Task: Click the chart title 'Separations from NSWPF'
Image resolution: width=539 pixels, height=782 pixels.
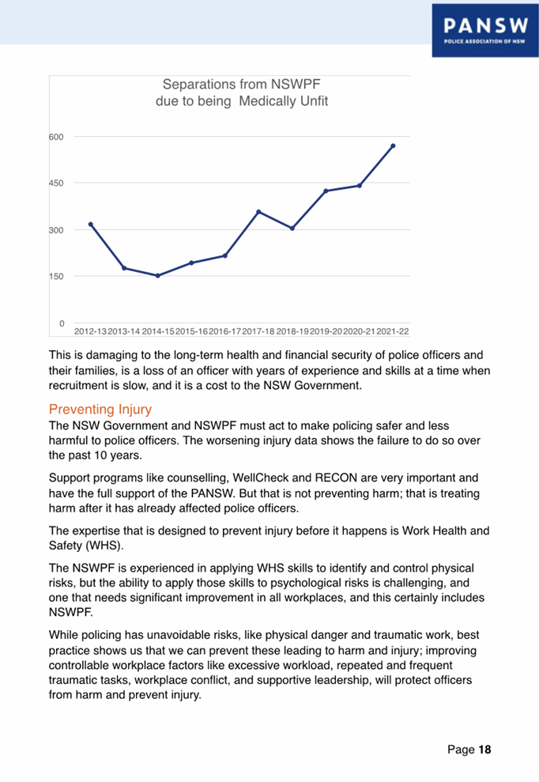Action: (x=241, y=84)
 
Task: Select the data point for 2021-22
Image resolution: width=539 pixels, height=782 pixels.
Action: (x=393, y=145)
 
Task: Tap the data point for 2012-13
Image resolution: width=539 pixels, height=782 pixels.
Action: (x=91, y=225)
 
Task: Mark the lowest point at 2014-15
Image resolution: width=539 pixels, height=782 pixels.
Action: (x=158, y=275)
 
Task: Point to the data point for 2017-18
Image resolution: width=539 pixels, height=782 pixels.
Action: (x=258, y=212)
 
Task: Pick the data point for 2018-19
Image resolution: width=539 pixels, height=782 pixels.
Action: (x=292, y=229)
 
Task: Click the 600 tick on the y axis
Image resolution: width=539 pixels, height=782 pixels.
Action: (x=56, y=138)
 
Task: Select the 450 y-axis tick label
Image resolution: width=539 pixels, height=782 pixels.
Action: (x=56, y=183)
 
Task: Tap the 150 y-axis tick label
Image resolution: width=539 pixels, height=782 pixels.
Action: (x=56, y=277)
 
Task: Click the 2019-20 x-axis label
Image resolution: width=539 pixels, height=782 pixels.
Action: (x=326, y=331)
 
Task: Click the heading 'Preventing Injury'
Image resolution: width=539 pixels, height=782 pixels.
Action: (x=100, y=410)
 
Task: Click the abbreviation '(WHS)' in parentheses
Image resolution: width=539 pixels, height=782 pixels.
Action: (x=110, y=545)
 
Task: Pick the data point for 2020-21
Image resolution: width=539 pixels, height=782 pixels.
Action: (x=360, y=186)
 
